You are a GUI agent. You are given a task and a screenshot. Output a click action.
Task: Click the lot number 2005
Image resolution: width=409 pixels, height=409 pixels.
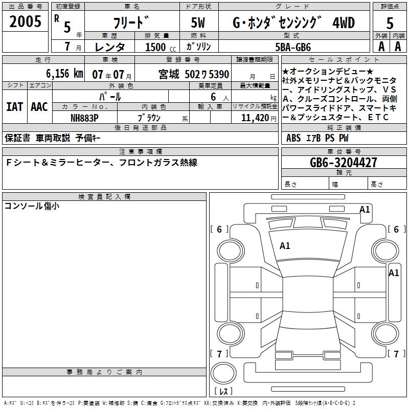(25, 21)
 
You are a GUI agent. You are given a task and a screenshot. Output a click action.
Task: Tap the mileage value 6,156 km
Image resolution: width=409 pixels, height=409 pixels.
(64, 74)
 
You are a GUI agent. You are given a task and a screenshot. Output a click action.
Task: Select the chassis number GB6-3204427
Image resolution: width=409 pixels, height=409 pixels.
(343, 163)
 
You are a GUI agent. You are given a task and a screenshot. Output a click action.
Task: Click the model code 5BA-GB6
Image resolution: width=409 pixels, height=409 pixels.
(293, 47)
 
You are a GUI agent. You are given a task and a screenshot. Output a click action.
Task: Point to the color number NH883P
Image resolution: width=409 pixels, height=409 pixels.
(84, 118)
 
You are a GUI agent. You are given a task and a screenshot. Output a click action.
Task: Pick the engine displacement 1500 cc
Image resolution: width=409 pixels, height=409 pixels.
(161, 47)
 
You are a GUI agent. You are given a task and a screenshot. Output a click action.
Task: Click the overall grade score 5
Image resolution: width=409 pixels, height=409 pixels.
(390, 23)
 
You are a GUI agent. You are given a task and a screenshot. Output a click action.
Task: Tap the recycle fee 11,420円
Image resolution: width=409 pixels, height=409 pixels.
(259, 118)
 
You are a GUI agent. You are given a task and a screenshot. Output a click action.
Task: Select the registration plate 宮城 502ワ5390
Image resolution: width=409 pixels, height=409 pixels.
(194, 74)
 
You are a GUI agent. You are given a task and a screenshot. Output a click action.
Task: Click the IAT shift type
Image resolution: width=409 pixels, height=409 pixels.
(15, 107)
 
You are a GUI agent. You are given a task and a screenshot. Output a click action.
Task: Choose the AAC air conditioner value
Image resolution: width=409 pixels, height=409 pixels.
(39, 107)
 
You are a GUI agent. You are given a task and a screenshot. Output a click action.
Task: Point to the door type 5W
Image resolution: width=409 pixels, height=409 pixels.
(198, 22)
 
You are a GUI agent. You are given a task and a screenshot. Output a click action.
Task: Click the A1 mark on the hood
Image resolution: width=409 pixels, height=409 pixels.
(285, 246)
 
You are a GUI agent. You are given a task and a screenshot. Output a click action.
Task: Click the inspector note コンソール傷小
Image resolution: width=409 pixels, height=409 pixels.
(32, 206)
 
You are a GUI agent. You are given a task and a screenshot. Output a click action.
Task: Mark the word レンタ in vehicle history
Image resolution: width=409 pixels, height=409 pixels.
(109, 47)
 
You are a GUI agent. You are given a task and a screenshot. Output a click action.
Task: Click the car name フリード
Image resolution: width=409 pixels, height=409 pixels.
(131, 22)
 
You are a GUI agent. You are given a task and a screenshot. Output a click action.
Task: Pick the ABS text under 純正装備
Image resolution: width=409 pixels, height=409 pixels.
(293, 138)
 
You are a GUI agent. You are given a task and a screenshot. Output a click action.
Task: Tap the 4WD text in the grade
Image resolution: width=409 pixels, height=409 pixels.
(343, 22)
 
